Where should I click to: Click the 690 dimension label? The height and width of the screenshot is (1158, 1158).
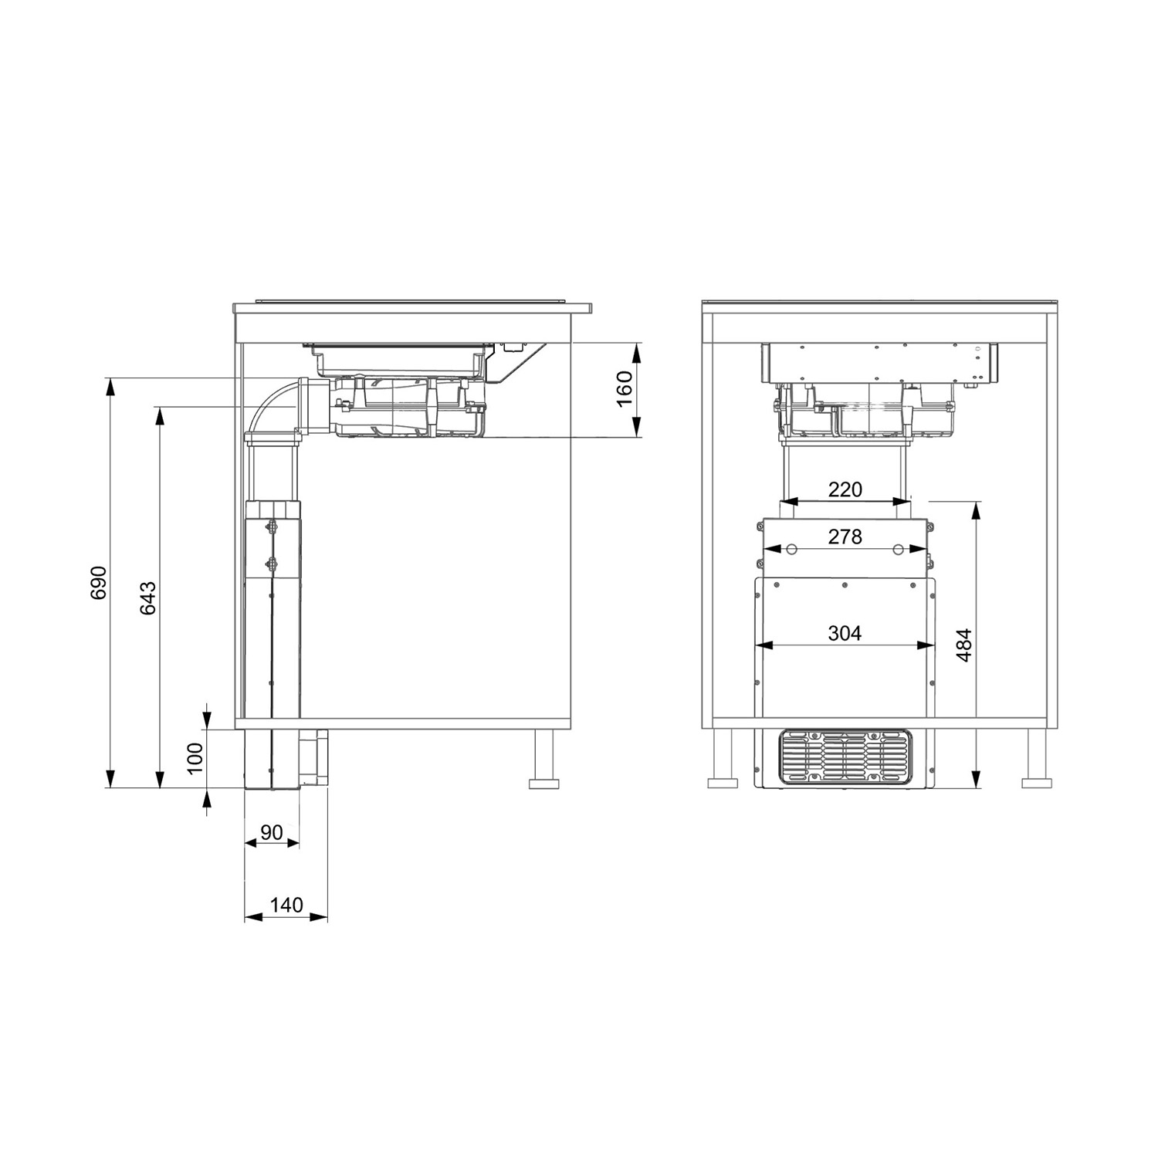(x=99, y=583)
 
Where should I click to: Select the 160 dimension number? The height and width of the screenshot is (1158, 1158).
(x=625, y=389)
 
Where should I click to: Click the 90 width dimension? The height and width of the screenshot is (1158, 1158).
(x=271, y=833)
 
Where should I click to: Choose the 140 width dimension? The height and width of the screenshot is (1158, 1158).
(x=286, y=905)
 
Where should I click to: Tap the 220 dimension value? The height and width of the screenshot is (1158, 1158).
(x=845, y=489)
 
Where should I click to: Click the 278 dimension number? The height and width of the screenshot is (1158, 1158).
(x=845, y=536)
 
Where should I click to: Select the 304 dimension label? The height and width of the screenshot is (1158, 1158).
(x=845, y=633)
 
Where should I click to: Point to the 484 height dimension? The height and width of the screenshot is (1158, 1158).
(x=964, y=645)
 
